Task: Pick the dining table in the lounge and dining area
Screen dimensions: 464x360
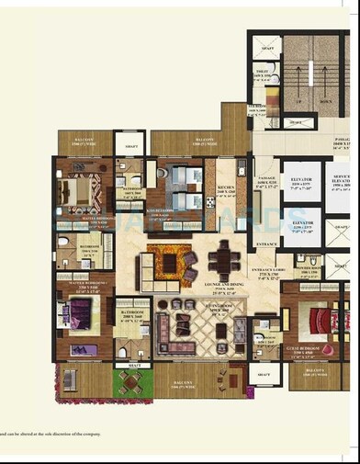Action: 221,258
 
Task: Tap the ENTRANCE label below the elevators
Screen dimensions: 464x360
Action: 267,244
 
